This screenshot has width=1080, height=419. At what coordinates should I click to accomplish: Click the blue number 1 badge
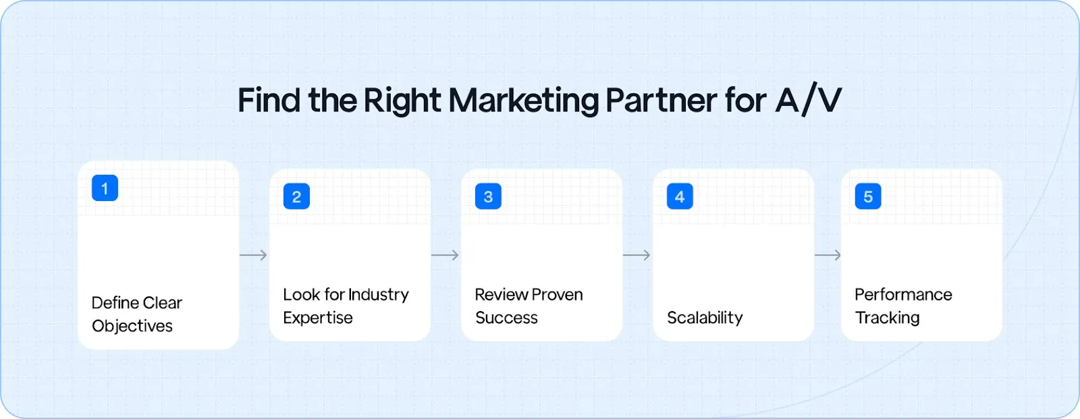coord(105,188)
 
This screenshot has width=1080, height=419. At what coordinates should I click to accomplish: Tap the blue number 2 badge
coord(296,196)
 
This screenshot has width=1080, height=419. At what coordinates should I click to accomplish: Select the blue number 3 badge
coord(488,196)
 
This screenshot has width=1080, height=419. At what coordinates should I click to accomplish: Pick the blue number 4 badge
coord(680,196)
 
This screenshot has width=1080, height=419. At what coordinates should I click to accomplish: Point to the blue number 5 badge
coord(868,196)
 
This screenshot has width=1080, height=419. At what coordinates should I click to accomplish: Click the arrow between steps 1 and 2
coord(254,255)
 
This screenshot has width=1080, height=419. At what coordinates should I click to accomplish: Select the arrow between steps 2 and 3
coord(446,255)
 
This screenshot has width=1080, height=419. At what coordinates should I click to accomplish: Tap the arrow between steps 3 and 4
coord(637,255)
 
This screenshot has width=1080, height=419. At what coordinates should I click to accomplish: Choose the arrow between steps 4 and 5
coord(828,255)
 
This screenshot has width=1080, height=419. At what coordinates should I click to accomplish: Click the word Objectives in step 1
coord(132,326)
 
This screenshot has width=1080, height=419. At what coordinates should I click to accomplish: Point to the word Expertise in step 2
coord(318,318)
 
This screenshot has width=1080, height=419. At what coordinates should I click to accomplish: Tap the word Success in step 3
coord(506,318)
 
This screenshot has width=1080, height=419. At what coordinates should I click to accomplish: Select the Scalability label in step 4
coord(705,318)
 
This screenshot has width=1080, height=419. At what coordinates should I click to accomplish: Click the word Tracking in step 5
coord(887,318)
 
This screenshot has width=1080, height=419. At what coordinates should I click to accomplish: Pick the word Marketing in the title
coord(524,101)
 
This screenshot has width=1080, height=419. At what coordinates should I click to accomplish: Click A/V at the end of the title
coord(808,101)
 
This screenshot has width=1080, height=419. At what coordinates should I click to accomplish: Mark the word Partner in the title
coord(661,101)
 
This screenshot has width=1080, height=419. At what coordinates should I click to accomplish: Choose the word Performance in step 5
coord(903,295)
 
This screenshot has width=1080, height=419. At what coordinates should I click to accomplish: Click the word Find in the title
coord(269,101)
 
